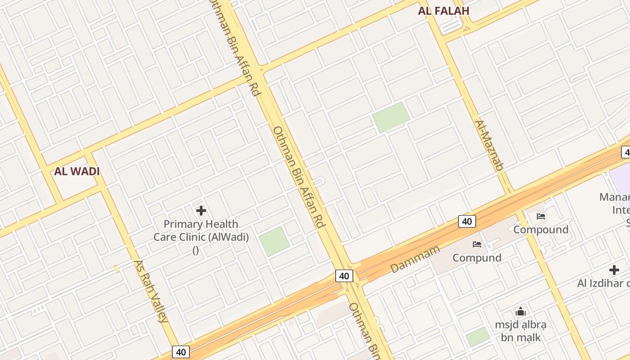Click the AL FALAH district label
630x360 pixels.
(443, 11)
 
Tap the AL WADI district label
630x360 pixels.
(77, 171)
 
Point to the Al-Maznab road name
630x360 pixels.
(488, 145)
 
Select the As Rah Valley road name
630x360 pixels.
(151, 291)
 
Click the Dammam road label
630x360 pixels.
(414, 259)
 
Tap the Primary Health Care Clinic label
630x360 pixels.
(201, 230)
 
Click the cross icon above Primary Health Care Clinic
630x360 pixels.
(201, 210)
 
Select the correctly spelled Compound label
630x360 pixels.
(540, 229)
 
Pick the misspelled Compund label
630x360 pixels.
(477, 258)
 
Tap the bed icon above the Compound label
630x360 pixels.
(540, 216)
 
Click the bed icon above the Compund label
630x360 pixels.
(477, 244)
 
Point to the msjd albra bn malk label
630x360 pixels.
(521, 331)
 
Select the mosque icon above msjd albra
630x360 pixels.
(521, 311)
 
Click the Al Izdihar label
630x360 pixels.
(603, 283)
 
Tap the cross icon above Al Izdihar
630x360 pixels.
(614, 270)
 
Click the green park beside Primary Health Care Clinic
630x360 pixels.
(274, 241)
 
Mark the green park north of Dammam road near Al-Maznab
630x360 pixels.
(391, 117)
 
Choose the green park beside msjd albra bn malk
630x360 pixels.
(477, 337)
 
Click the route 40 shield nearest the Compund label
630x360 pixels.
(467, 221)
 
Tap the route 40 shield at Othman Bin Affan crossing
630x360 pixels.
(344, 276)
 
